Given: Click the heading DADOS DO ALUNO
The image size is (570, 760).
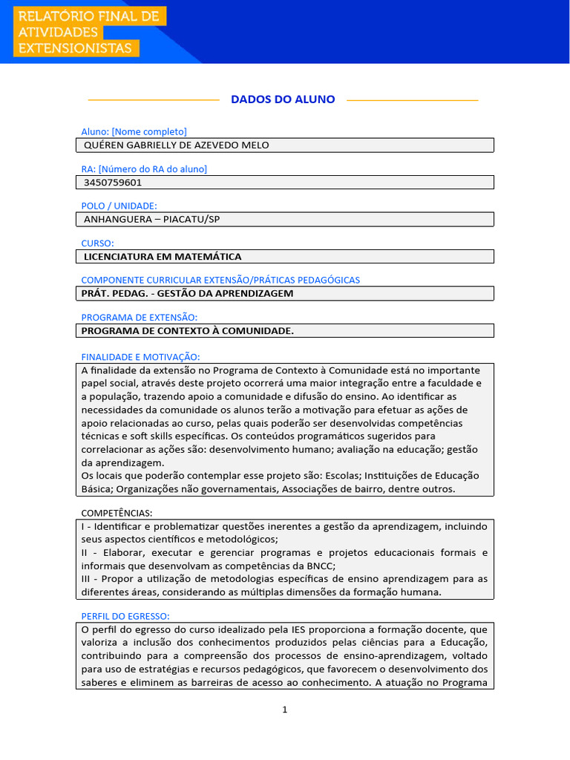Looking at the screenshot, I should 283,99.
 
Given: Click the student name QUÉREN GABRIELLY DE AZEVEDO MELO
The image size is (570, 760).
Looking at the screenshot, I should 177,145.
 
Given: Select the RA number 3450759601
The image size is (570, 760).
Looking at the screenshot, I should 114,182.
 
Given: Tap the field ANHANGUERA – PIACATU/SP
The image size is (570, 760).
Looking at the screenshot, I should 152,219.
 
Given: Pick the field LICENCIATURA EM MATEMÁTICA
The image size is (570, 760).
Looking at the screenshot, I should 163,256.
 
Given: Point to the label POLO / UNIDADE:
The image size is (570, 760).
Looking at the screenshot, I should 119,206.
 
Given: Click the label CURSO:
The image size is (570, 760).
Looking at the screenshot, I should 98,243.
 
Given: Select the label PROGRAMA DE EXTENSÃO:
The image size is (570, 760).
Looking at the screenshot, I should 139,317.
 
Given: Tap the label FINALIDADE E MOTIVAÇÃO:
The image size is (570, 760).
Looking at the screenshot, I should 140,357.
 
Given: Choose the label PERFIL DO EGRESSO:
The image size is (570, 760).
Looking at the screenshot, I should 125,616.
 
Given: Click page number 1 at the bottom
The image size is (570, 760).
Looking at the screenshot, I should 284,710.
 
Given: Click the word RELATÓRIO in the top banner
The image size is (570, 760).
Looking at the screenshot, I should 52,16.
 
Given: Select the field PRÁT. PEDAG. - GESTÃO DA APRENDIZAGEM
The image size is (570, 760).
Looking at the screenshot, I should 187,293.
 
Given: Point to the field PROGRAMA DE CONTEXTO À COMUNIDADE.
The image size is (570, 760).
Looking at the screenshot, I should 187,330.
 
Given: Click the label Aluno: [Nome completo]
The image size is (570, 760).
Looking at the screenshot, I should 134,131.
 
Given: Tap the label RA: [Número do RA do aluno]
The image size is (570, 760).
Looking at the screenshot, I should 144,168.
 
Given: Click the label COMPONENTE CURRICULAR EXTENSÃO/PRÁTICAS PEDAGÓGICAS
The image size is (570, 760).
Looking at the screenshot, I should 220,280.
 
